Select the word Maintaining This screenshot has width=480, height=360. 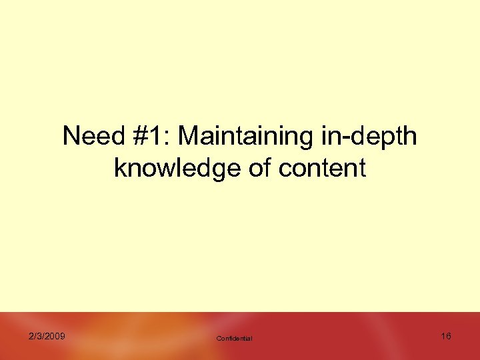(243, 137)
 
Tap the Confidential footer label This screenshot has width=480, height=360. (235, 339)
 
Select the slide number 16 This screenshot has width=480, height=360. (446, 336)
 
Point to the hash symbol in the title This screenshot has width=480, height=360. (139, 137)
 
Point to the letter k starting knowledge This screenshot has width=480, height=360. (119, 168)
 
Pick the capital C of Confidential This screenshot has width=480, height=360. (219, 339)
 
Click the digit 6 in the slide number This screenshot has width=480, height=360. (449, 336)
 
